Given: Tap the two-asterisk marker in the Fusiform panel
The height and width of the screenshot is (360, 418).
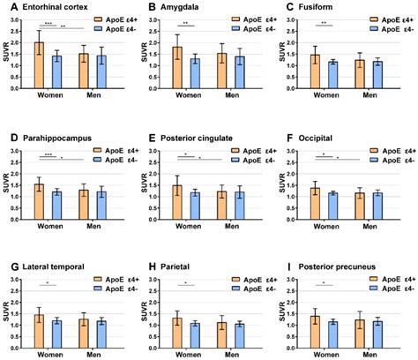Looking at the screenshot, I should [325, 24].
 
